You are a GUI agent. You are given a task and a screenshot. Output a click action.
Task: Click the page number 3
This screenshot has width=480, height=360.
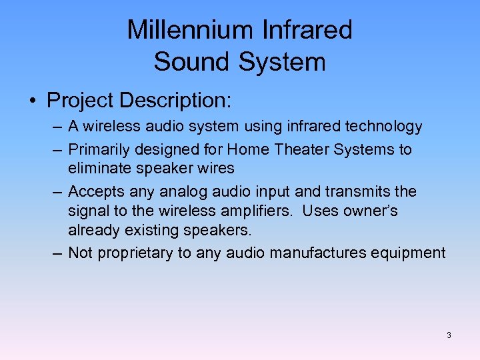(x=449, y=335)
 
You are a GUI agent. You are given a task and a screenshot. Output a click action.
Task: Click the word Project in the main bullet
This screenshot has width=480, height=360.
(x=79, y=101)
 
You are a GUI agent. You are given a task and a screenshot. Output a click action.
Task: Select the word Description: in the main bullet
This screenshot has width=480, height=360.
(x=174, y=101)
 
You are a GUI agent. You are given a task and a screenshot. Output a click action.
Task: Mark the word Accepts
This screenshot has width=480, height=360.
(x=94, y=192)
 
